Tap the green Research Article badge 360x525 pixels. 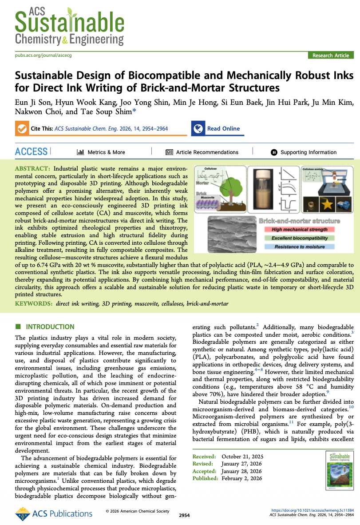[331, 56]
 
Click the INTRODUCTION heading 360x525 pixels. [50, 327]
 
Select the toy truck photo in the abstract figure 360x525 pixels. [345, 205]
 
